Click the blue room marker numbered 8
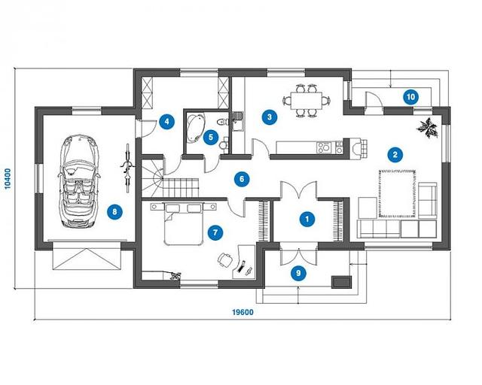(114, 212)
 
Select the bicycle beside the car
(127, 168)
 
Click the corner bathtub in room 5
(196, 128)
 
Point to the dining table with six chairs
(307, 101)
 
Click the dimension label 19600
(243, 312)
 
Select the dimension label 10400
(8, 178)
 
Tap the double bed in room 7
(184, 223)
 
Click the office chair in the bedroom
(225, 259)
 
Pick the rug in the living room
(398, 193)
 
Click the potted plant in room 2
(427, 128)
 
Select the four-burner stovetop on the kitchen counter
(324, 147)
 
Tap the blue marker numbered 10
(410, 97)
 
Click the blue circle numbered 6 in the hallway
(242, 179)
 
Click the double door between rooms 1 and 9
(298, 254)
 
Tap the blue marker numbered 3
(270, 117)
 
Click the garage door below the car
(86, 256)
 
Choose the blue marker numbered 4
(166, 122)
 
